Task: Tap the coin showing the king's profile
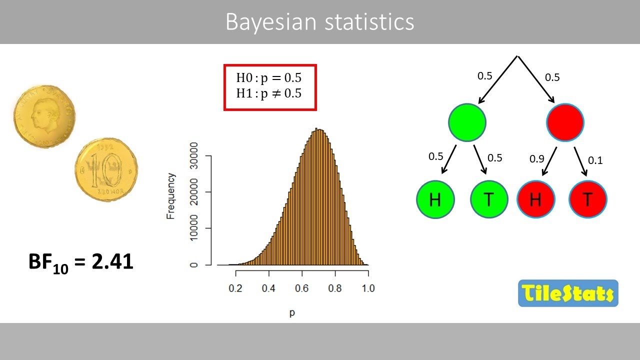pyautogui.click(x=44, y=114)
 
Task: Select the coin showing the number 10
pyautogui.click(x=106, y=170)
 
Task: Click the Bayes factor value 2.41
pyautogui.click(x=112, y=261)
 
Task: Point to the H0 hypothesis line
pyautogui.click(x=269, y=78)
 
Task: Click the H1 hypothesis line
pyautogui.click(x=269, y=93)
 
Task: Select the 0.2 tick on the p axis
pyautogui.click(x=235, y=288)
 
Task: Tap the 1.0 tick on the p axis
pyautogui.click(x=368, y=288)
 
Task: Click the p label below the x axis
pyautogui.click(x=292, y=313)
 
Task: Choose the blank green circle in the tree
pyautogui.click(x=467, y=122)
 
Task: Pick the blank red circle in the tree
pyautogui.click(x=565, y=122)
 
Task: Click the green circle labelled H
pyautogui.click(x=435, y=199)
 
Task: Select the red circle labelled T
pyautogui.click(x=588, y=199)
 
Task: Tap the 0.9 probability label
pyautogui.click(x=537, y=159)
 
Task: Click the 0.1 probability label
pyautogui.click(x=595, y=160)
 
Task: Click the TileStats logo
pyautogui.click(x=568, y=293)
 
